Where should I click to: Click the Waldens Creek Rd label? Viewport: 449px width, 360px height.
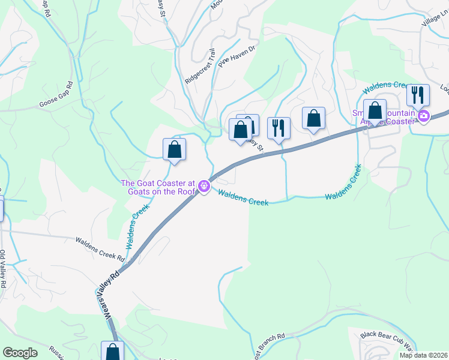tap(100, 249)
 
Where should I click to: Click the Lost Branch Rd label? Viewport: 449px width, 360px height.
tap(273, 345)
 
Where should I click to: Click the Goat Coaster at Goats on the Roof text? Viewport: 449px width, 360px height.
tap(158, 187)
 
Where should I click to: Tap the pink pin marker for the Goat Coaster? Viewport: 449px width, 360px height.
tap(205, 187)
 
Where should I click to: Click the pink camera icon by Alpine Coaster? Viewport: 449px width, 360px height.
tap(424, 116)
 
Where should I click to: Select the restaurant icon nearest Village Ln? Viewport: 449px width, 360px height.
tap(418, 95)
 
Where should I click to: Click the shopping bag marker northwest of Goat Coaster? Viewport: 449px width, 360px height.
tap(174, 149)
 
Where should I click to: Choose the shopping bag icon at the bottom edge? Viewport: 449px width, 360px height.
tap(112, 351)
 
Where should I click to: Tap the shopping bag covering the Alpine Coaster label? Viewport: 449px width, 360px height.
tap(375, 111)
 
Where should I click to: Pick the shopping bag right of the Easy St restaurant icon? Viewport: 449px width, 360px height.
tap(313, 118)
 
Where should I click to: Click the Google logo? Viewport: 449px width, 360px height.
tap(20, 353)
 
